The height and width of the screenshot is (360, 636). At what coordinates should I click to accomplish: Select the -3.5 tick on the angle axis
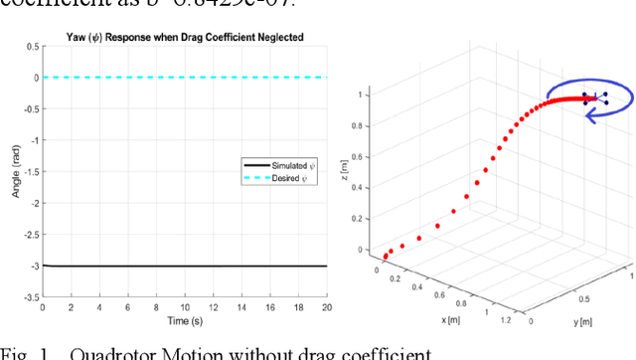[x=32, y=296]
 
